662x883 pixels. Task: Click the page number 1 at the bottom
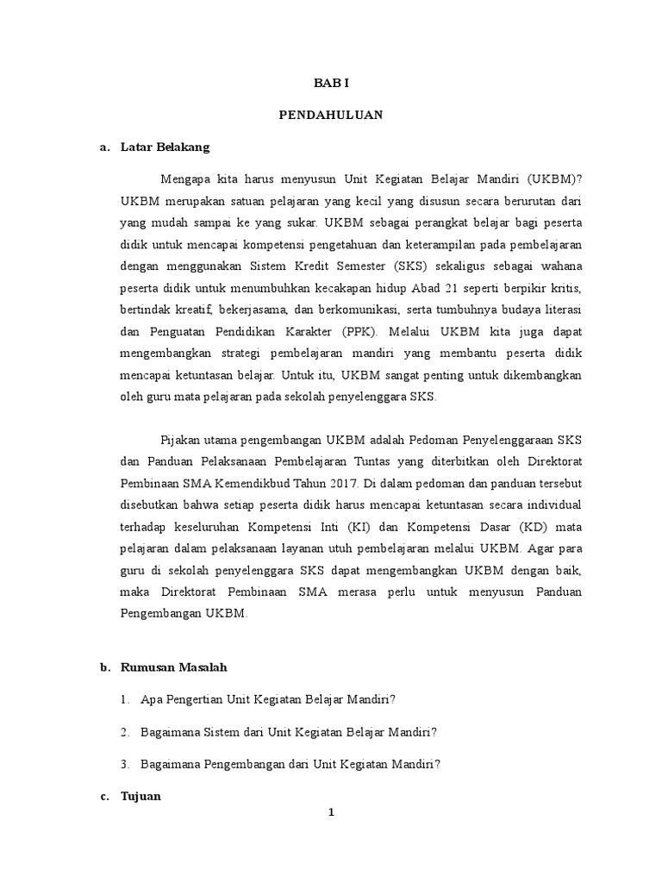[330, 820]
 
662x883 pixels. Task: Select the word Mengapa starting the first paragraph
[184, 178]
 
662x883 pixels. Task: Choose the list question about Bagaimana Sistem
[289, 732]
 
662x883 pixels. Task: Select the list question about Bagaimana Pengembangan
[290, 765]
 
